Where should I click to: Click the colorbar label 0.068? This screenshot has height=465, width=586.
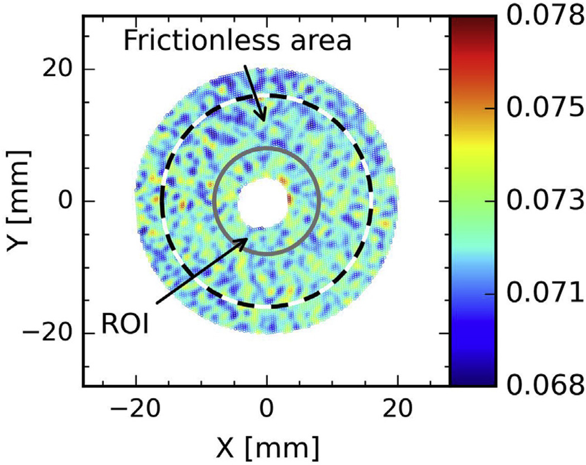click(544, 385)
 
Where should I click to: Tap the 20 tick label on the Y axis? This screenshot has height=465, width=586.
click(57, 70)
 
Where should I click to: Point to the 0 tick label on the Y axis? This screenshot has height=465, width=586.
click(65, 202)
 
